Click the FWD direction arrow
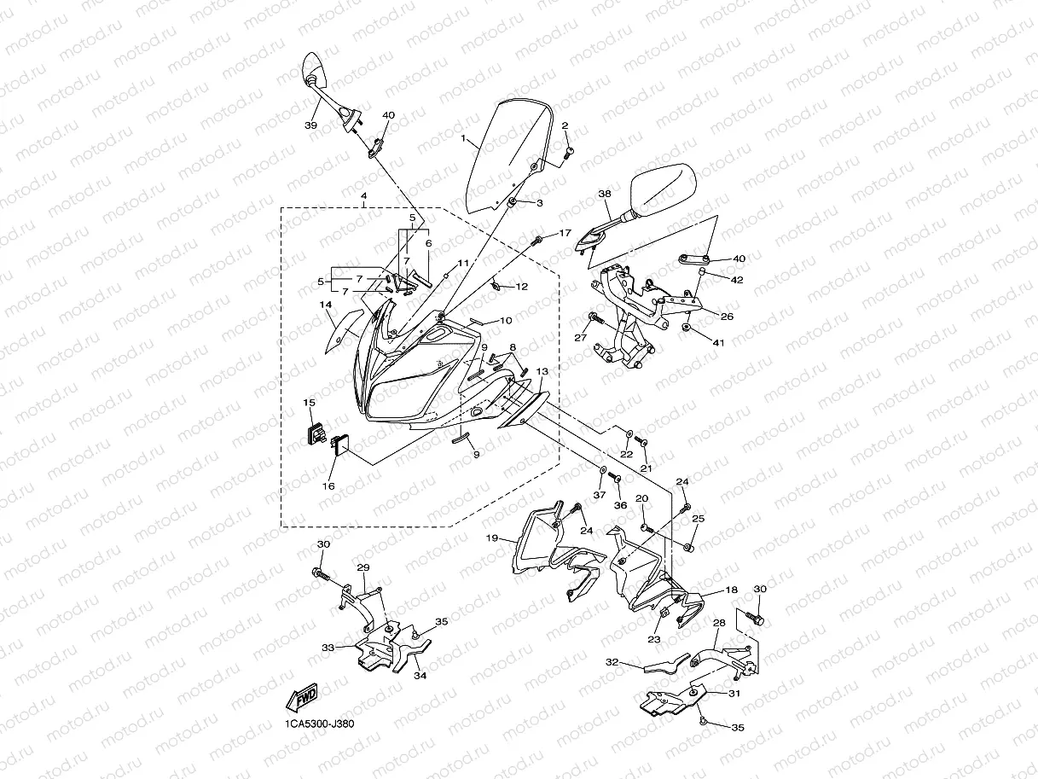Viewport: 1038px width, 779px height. point(303,698)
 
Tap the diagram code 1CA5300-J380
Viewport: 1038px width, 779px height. point(320,724)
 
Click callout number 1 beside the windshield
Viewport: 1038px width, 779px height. point(463,137)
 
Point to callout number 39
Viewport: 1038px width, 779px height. point(310,125)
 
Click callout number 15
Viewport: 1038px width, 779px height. point(310,402)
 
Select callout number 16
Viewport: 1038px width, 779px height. point(328,485)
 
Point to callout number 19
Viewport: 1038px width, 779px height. point(492,538)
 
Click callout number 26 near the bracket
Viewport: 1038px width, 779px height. point(727,317)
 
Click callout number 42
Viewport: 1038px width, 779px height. point(737,279)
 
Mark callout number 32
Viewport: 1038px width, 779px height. point(612,661)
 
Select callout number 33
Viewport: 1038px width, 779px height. point(328,648)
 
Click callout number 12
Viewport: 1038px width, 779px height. point(522,287)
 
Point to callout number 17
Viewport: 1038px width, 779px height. point(565,232)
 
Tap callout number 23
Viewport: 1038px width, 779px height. point(655,639)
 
